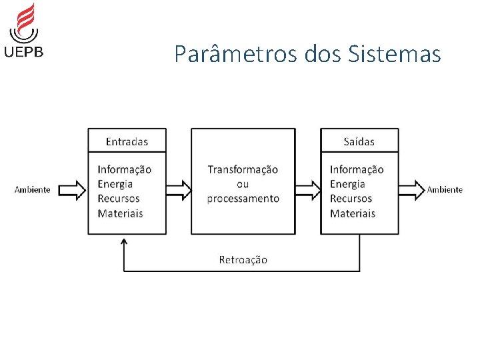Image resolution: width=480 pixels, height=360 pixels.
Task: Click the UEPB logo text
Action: coord(24,51)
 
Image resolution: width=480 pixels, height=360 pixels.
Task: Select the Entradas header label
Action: coord(127,141)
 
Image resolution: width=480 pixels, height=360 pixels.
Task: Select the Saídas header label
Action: coord(359,141)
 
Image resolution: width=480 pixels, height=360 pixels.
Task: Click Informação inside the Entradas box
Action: coord(125,170)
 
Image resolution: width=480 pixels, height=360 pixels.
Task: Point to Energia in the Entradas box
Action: coord(115,184)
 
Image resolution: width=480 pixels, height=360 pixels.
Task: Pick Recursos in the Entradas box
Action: coord(119,199)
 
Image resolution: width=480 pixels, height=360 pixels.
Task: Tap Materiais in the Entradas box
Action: coord(120,213)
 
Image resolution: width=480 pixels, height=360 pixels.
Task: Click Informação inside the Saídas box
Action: coord(357,170)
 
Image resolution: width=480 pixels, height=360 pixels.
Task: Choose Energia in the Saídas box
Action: coord(347,184)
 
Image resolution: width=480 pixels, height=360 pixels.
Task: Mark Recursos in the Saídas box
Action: coord(351,199)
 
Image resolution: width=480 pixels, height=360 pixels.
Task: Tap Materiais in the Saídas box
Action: coord(353,213)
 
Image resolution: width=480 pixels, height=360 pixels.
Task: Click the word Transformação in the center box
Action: coord(243,170)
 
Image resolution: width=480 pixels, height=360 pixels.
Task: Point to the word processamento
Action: coord(243,199)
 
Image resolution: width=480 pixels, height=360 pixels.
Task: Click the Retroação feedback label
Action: coord(243,259)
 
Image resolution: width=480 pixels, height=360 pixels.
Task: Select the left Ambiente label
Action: coord(33,190)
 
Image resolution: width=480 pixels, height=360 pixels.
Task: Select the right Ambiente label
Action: coord(445,190)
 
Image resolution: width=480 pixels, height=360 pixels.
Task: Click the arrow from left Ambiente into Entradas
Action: coord(72,190)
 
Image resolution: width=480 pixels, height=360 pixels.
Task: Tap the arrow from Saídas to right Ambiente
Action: coord(412,190)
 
